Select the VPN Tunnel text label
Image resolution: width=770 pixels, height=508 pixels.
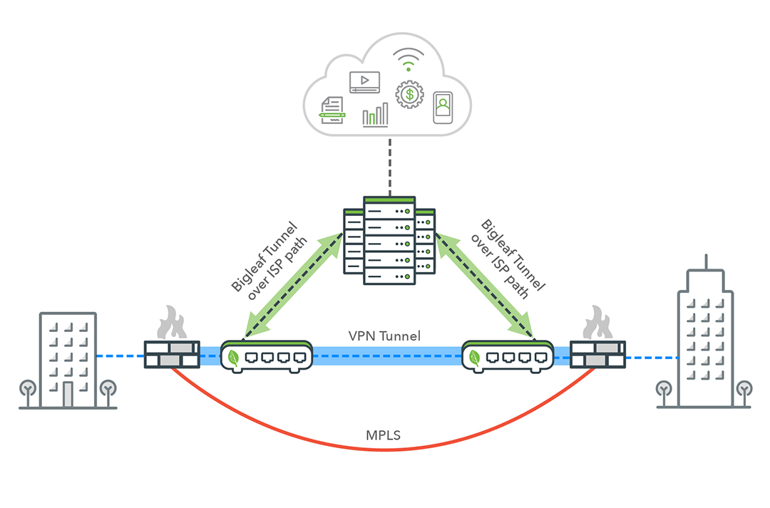point(384,336)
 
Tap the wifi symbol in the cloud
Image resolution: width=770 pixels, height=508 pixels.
point(407,61)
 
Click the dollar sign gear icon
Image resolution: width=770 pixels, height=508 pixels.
point(409,93)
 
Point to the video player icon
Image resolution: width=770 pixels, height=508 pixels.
point(364,82)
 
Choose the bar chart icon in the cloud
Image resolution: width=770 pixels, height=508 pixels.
point(375,115)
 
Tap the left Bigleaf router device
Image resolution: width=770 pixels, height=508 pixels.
point(267,356)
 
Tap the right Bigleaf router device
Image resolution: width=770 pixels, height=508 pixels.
point(507,356)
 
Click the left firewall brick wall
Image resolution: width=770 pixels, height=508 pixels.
point(172,354)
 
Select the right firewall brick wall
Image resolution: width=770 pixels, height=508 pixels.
point(597,354)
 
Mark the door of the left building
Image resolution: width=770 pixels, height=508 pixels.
point(68,394)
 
